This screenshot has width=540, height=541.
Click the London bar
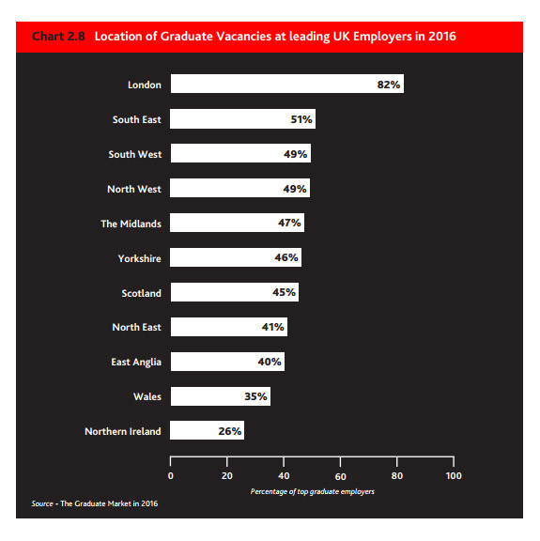click(x=287, y=84)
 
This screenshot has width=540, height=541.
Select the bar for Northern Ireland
click(x=207, y=430)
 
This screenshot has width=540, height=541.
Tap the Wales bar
click(x=221, y=396)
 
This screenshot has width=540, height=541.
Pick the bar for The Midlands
click(x=237, y=223)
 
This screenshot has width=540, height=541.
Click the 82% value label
click(x=389, y=85)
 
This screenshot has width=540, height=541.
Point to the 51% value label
click(x=301, y=119)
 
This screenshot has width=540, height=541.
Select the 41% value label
click(x=272, y=327)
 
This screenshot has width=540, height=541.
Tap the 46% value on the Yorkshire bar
click(x=286, y=257)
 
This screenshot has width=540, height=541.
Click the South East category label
click(x=136, y=119)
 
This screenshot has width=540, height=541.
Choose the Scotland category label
click(x=141, y=293)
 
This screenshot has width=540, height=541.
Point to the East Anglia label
click(x=136, y=363)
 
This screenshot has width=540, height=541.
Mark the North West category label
click(x=134, y=189)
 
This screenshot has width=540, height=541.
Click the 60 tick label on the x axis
click(x=340, y=476)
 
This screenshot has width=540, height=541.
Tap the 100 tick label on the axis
click(x=454, y=476)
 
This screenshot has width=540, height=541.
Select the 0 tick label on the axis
click(x=171, y=476)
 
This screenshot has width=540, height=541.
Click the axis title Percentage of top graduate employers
click(x=313, y=491)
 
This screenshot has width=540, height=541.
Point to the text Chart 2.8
click(x=58, y=37)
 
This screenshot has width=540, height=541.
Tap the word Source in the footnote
click(x=42, y=503)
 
